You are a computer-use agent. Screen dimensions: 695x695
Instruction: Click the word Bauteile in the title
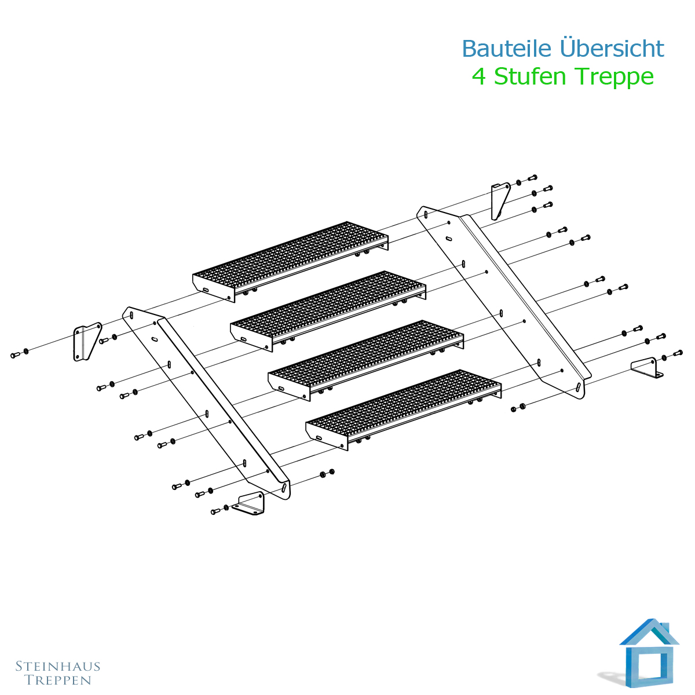pyautogui.click(x=507, y=48)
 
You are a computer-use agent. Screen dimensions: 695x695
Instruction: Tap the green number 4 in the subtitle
pyautogui.click(x=478, y=76)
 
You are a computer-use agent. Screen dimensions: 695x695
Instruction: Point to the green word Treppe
pyautogui.click(x=614, y=78)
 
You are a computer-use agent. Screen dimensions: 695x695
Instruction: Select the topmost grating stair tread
pyautogui.click(x=290, y=261)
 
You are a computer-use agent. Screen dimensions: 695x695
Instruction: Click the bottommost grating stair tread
pyautogui.click(x=404, y=409)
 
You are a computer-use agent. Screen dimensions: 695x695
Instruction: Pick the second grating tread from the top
pyautogui.click(x=328, y=311)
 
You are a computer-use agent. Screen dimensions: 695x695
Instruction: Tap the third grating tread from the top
pyautogui.click(x=365, y=360)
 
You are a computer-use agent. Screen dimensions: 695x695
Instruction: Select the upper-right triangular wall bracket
pyautogui.click(x=500, y=200)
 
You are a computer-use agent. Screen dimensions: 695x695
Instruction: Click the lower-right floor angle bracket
pyautogui.click(x=647, y=368)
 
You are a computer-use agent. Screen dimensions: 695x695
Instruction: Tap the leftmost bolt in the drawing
pyautogui.click(x=15, y=355)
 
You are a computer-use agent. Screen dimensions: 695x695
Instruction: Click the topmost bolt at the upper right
pyautogui.click(x=533, y=177)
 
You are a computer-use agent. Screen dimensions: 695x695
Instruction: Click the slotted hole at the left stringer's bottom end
pyautogui.click(x=284, y=489)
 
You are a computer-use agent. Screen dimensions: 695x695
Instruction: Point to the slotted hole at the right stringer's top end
pyautogui.click(x=426, y=215)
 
